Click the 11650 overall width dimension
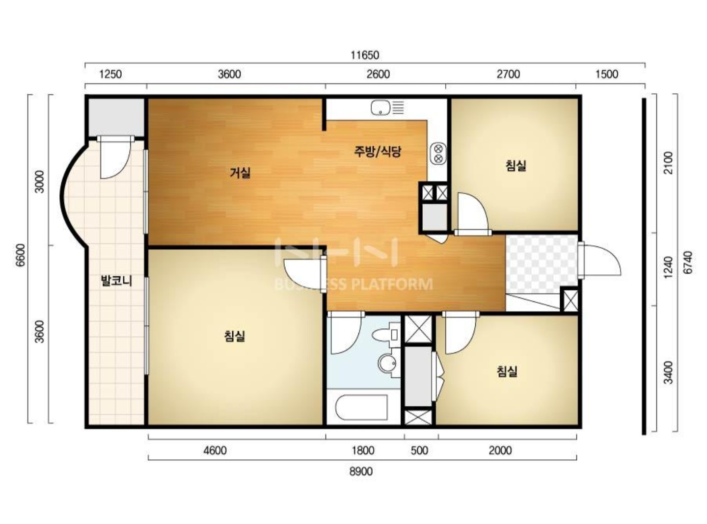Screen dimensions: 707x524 pos(365,55)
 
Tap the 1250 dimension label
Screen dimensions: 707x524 pos(110,74)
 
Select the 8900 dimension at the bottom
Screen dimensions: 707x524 pos(361,472)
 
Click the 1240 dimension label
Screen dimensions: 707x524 pos(668,267)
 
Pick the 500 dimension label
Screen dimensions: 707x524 pos(419,451)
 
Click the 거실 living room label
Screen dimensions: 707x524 pos(240,173)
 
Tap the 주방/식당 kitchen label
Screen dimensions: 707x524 pos(378,151)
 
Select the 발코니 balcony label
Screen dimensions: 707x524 pos(116,281)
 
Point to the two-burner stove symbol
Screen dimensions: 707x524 pos(438,154)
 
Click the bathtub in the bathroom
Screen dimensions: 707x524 pos(361,408)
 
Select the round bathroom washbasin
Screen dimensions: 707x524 pos(387,363)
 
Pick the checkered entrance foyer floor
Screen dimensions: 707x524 pos(541,264)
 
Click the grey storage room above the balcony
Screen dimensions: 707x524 pos(115,117)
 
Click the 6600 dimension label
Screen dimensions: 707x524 pos(21,255)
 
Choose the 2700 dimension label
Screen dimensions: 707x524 pos(509,74)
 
